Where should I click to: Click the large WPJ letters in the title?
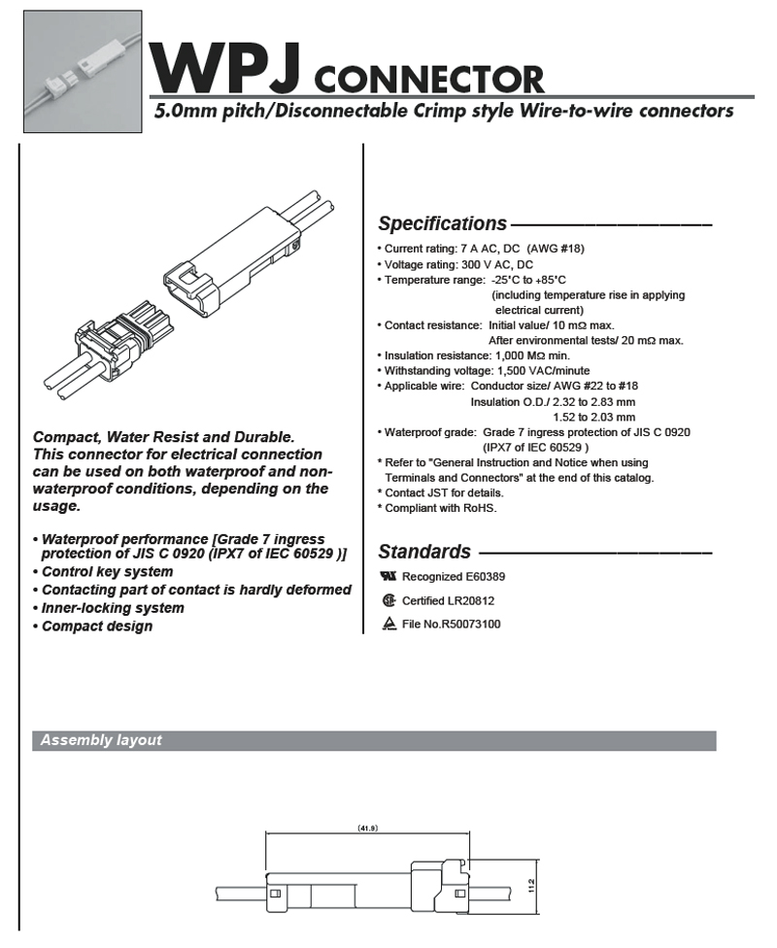pyautogui.click(x=228, y=67)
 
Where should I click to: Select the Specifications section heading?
pyautogui.click(x=442, y=224)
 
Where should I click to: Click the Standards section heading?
pyautogui.click(x=423, y=553)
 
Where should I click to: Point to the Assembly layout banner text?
pyautogui.click(x=101, y=741)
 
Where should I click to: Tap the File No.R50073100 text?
pyautogui.click(x=451, y=625)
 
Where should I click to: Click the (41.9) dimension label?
pyautogui.click(x=367, y=829)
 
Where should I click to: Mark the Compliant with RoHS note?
pyautogui.click(x=440, y=508)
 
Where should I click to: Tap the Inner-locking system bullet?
pyautogui.click(x=112, y=608)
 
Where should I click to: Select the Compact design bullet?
pyautogui.click(x=96, y=626)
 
